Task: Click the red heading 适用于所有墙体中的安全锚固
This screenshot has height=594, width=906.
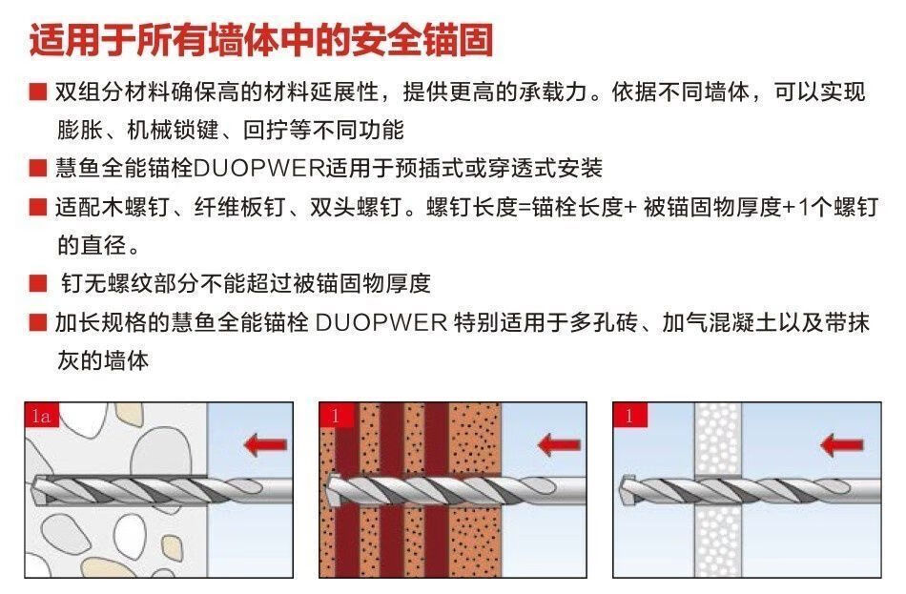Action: point(261,41)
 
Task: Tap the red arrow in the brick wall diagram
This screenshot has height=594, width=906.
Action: point(559,443)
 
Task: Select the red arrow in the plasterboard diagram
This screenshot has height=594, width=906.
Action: point(842,444)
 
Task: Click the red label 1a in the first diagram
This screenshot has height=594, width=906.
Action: point(41,415)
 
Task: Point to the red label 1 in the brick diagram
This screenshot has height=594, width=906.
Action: point(335,415)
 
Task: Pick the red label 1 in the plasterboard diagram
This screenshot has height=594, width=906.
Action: point(628,415)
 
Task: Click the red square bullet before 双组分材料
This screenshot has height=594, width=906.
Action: point(37,92)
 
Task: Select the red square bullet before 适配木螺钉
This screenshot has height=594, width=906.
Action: point(37,207)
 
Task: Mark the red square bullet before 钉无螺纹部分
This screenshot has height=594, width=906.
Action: point(37,283)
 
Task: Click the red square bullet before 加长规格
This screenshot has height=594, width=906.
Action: point(37,321)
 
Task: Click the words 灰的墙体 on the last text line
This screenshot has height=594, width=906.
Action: point(102,359)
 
